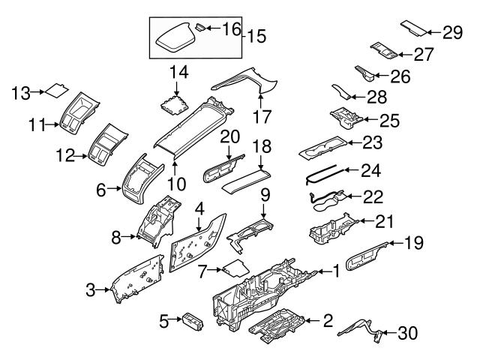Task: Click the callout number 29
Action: (x=451, y=31)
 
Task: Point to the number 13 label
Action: (x=22, y=92)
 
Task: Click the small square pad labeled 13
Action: (x=55, y=92)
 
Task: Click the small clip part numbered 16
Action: (x=200, y=27)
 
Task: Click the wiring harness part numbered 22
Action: (x=326, y=198)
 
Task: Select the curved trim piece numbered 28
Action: (x=343, y=93)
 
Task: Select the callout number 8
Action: (x=116, y=238)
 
